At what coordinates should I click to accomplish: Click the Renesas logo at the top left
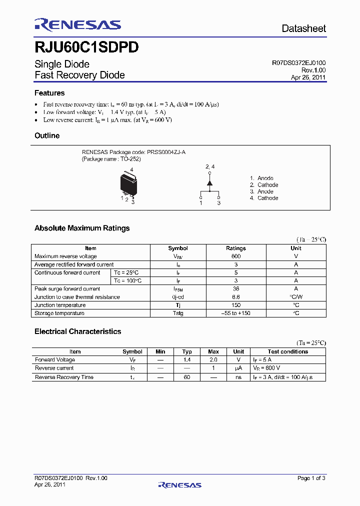77,24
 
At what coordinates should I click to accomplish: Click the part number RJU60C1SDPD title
86,47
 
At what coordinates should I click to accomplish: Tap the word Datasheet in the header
303,28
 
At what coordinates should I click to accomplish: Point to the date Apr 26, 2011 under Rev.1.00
308,77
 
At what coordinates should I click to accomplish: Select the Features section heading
49,93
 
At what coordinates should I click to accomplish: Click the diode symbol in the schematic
209,182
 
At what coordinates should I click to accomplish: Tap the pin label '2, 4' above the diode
210,166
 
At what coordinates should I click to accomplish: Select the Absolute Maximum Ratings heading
82,228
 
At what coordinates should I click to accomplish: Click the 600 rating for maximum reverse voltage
236,256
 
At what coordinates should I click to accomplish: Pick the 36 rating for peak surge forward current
236,289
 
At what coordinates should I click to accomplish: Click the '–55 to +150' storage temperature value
236,313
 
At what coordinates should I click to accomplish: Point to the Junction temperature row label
60,305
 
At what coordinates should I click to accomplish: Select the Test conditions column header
287,351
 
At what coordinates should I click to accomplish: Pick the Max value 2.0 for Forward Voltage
213,360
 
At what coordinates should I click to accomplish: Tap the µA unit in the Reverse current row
238,368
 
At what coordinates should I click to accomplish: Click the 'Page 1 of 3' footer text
311,478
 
